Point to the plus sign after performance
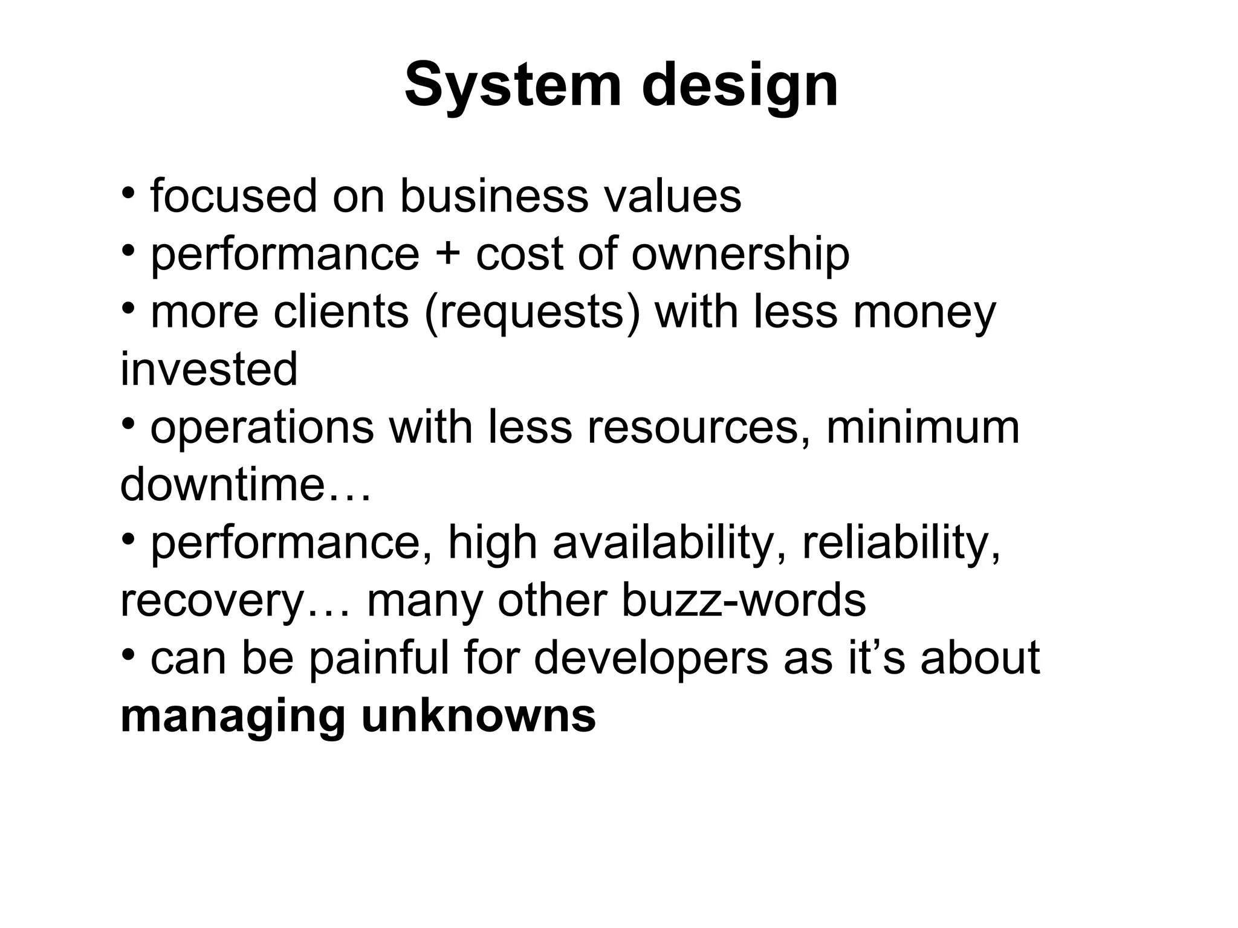(x=447, y=254)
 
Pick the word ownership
(x=741, y=254)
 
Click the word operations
(x=262, y=427)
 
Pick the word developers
(x=650, y=658)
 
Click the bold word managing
(x=233, y=717)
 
